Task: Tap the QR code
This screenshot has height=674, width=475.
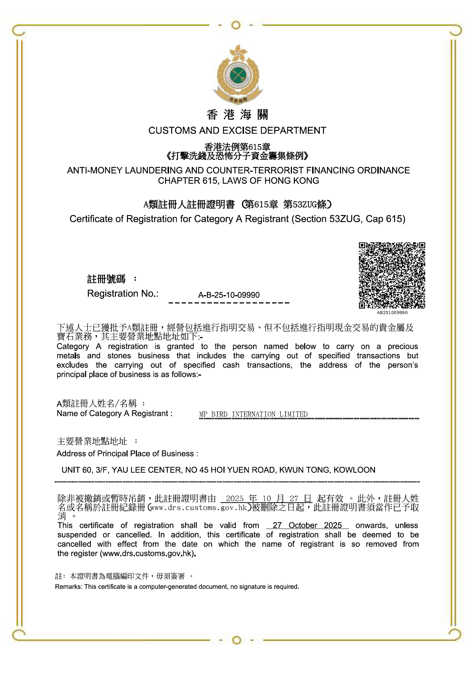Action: coord(392,275)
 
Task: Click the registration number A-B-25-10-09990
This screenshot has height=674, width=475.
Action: coord(229,295)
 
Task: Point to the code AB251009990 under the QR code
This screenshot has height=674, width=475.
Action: coord(392,313)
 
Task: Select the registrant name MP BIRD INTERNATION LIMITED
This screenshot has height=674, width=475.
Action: coord(253,414)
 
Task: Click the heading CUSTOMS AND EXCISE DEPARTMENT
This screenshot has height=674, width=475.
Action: coord(237,131)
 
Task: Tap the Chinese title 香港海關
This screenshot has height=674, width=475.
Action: coord(237,115)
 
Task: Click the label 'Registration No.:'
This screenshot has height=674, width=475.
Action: coord(123,294)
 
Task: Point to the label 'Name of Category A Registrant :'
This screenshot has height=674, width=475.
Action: coord(115,413)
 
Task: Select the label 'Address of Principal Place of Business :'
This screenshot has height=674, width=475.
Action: coord(127,454)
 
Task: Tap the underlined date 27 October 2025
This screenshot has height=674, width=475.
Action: coord(307,525)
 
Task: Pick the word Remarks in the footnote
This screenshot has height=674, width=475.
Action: coord(68,587)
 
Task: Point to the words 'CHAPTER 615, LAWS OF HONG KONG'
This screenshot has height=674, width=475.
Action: coord(238,181)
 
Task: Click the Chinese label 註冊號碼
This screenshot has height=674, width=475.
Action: coord(106,279)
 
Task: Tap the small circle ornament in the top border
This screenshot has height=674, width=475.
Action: coord(236,25)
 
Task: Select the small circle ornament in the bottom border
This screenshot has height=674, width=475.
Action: coord(236,640)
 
